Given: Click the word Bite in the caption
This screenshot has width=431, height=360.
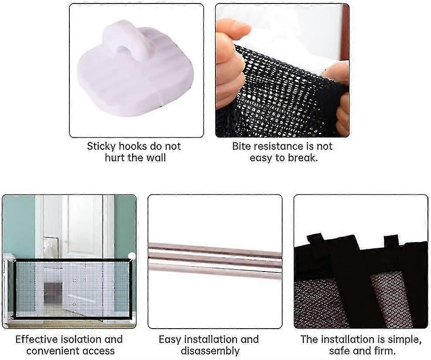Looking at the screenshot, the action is (241, 146).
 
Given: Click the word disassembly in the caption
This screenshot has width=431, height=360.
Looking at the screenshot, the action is (210, 351).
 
